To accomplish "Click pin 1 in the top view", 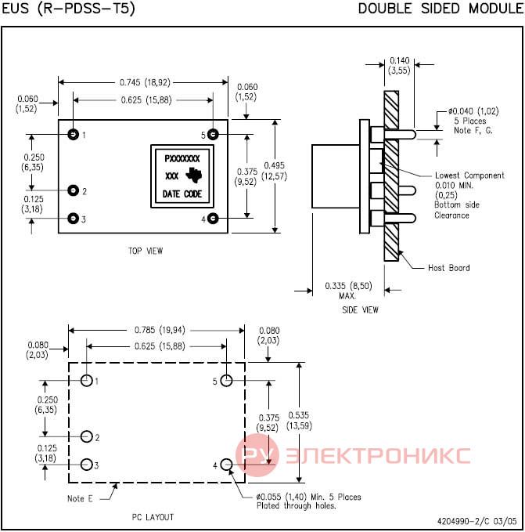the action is [74, 134].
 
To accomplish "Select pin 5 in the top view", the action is [213, 134].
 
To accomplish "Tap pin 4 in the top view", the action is [213, 218].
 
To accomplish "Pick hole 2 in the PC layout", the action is [87, 436].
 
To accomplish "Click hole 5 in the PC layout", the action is [226, 380].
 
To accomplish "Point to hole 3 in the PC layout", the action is [87, 465].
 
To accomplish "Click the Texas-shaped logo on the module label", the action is [194, 175].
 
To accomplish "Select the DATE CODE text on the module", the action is [182, 194].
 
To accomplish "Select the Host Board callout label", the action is [449, 268].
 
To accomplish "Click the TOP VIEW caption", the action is [146, 251].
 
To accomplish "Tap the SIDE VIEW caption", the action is [360, 309].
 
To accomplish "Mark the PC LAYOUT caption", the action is [153, 517].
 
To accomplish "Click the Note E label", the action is [80, 498].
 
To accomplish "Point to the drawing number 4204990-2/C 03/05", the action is [477, 521].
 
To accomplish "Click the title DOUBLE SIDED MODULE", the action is [441, 9].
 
